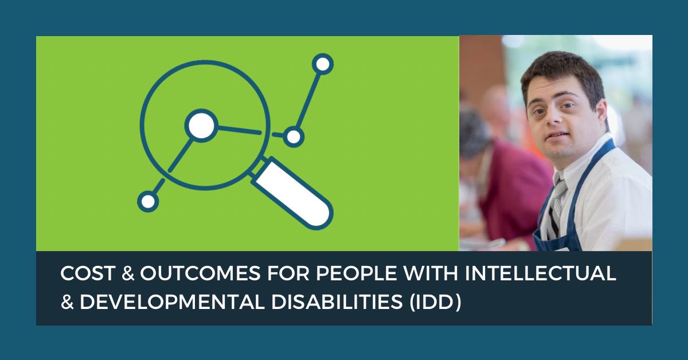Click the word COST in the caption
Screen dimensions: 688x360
click(x=88, y=273)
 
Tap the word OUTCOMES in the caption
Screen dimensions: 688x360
click(x=201, y=273)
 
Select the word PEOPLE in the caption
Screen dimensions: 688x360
click(x=356, y=273)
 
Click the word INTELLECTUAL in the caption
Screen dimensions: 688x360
click(x=541, y=273)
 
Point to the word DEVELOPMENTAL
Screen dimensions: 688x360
click(x=172, y=302)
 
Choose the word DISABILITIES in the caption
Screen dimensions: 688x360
click(x=337, y=302)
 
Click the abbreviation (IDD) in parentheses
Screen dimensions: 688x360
click(x=435, y=302)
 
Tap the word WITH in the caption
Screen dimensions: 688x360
click(x=431, y=273)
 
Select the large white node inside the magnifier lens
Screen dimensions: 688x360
click(x=201, y=126)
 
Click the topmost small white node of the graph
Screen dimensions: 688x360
click(x=322, y=64)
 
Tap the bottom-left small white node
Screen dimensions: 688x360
click(x=148, y=202)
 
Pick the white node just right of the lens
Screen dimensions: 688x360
click(x=294, y=136)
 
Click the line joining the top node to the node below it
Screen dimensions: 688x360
click(x=308, y=100)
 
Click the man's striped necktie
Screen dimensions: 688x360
click(x=557, y=206)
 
